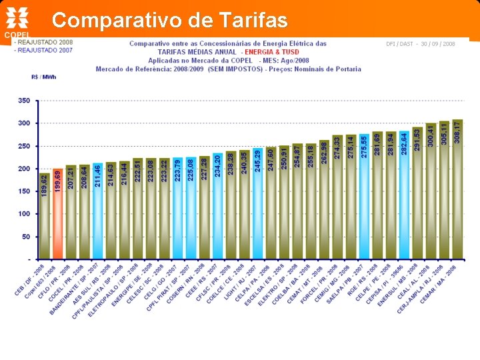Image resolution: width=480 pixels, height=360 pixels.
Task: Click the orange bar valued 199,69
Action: coord(58,213)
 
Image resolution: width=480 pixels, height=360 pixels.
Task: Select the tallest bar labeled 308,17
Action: coord(457,190)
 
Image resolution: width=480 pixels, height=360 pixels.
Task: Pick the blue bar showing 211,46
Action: coord(98,212)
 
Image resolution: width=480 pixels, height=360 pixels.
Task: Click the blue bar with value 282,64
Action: coord(404,193)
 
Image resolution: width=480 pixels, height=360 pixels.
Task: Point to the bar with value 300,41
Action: coord(431,191)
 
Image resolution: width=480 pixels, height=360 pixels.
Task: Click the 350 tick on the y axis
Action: coord(24,101)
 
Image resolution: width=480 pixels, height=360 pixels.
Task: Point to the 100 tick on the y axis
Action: coord(24,214)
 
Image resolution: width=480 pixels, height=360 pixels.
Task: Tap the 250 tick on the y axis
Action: coord(24,146)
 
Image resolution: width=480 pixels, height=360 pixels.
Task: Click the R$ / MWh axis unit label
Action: coord(44,77)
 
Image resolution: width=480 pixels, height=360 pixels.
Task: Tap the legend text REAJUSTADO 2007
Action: coord(45,50)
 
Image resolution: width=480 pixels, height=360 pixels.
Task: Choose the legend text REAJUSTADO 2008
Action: coord(45,42)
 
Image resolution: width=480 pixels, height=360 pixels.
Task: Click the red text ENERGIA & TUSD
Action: coord(271,51)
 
